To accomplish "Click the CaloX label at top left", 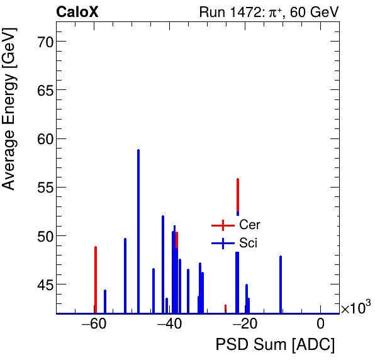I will (x=77, y=12).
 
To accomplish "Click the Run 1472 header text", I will (x=269, y=12).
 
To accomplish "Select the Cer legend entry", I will (x=249, y=225).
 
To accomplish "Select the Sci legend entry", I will (x=248, y=243).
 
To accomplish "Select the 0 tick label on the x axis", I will (x=320, y=325).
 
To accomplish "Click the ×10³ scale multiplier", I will (x=355, y=308).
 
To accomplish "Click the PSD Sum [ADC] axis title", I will (x=275, y=346).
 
